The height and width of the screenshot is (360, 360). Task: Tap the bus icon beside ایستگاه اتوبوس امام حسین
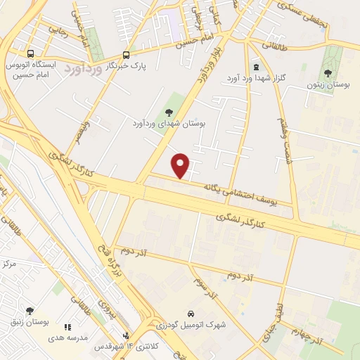(x=30, y=53)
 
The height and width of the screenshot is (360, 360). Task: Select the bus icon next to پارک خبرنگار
(x=126, y=55)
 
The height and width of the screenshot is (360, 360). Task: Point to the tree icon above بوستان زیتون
(x=328, y=72)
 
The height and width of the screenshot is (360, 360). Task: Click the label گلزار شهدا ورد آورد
(x=252, y=77)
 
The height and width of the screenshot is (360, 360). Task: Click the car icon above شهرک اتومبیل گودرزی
(x=191, y=313)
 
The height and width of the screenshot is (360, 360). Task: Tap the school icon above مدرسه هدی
(x=67, y=327)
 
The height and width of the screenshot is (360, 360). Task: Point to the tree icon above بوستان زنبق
(x=29, y=310)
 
